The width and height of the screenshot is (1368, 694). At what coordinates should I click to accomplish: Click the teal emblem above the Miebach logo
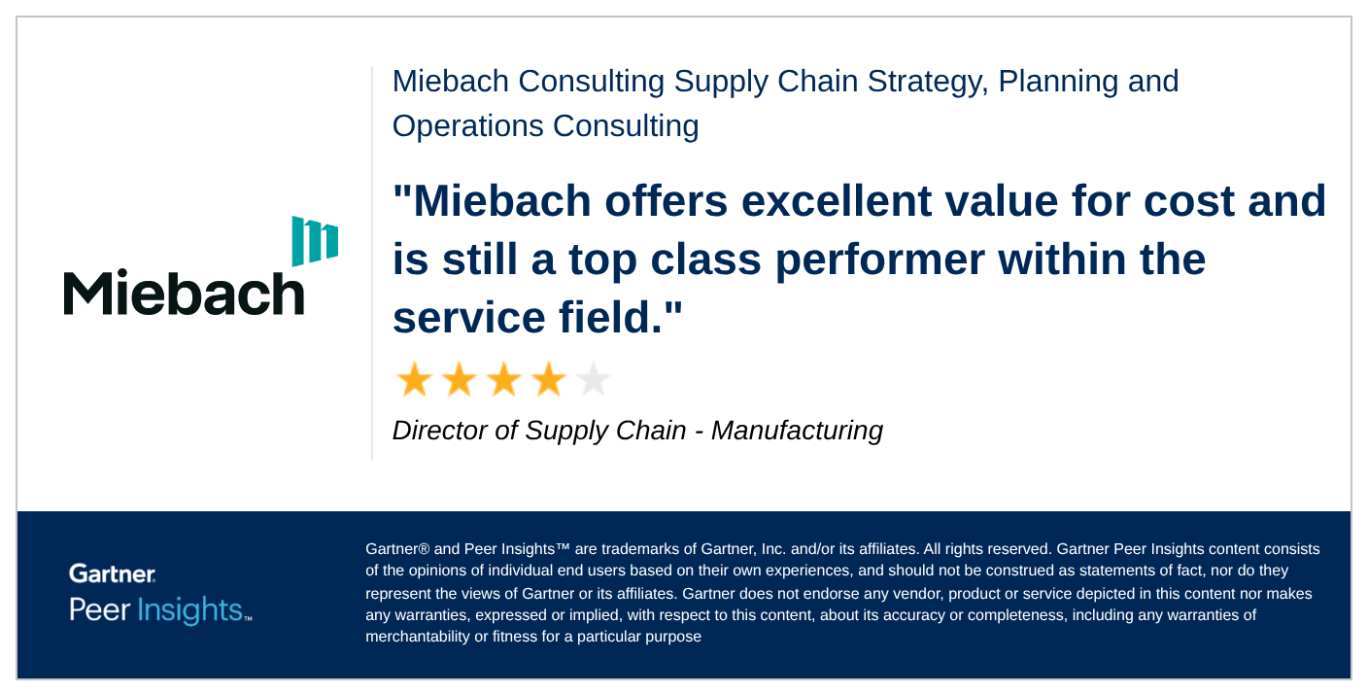pos(315,241)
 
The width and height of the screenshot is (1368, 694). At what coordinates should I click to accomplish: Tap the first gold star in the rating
pos(415,379)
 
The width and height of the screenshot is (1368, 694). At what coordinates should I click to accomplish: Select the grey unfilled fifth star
pos(593,379)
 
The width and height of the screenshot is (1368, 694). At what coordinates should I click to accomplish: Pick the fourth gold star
pos(548,379)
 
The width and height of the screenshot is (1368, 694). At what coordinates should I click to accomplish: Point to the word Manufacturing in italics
pos(797,432)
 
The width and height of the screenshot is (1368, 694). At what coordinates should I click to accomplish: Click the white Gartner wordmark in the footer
pos(113,573)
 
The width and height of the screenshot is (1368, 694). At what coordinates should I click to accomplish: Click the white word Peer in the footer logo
pos(99,609)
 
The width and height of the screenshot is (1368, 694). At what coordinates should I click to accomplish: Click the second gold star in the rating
pos(460,379)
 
